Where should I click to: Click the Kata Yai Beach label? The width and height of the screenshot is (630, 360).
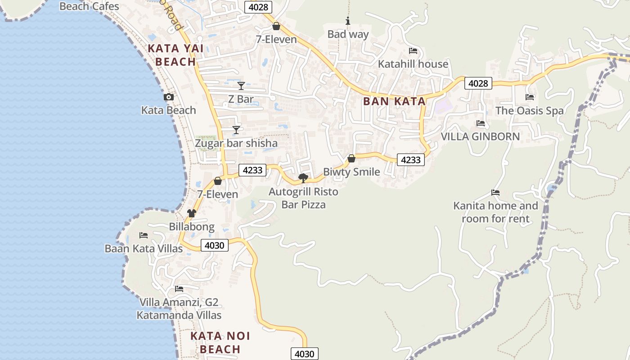coord(172,55)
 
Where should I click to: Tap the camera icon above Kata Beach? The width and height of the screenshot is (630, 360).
coord(168,97)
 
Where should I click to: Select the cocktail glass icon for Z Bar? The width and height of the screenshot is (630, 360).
coord(241,85)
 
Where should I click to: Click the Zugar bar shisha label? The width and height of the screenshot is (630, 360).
coord(236,144)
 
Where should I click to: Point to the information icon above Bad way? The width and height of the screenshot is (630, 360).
coord(347,21)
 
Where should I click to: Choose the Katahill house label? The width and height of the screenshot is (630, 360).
coord(413,64)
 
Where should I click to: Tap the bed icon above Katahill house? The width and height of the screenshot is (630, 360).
coord(413,50)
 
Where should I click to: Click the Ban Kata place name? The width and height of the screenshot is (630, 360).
coord(394,101)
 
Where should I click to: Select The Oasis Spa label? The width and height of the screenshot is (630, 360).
coord(530,110)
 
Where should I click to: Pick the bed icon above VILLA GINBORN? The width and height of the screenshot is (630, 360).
coord(481,123)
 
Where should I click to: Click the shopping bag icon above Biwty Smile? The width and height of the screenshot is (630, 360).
coord(351,158)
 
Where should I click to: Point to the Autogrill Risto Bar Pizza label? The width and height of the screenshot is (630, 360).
coord(303,198)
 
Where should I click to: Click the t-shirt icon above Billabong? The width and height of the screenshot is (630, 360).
coord(192,213)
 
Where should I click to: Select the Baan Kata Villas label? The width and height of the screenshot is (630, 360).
coord(144,248)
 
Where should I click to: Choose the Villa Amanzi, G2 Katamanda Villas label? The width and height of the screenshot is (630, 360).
coord(179,308)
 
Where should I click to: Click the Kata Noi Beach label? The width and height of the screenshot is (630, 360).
coord(220,342)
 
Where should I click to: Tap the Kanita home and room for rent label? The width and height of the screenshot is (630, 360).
coord(495,212)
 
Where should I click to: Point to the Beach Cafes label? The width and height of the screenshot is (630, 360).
coord(89,6)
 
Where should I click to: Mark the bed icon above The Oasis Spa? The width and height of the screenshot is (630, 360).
coord(530,97)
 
